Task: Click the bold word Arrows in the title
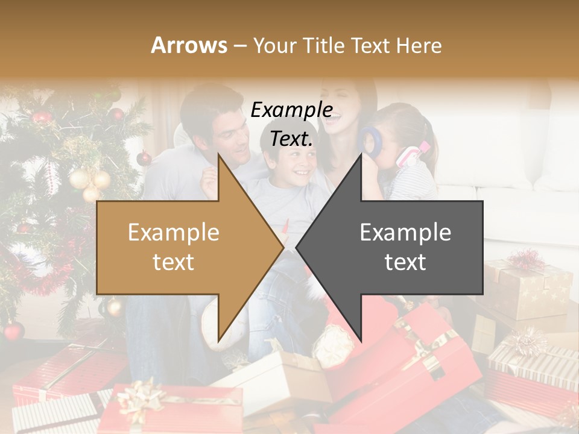pyautogui.click(x=189, y=45)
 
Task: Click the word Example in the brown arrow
pyautogui.click(x=174, y=233)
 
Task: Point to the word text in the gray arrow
pyautogui.click(x=405, y=262)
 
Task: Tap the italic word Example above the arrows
pyautogui.click(x=291, y=110)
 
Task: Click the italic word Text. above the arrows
pyautogui.click(x=291, y=139)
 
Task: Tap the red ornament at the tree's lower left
pyautogui.click(x=13, y=330)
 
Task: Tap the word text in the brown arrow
pyautogui.click(x=174, y=262)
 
